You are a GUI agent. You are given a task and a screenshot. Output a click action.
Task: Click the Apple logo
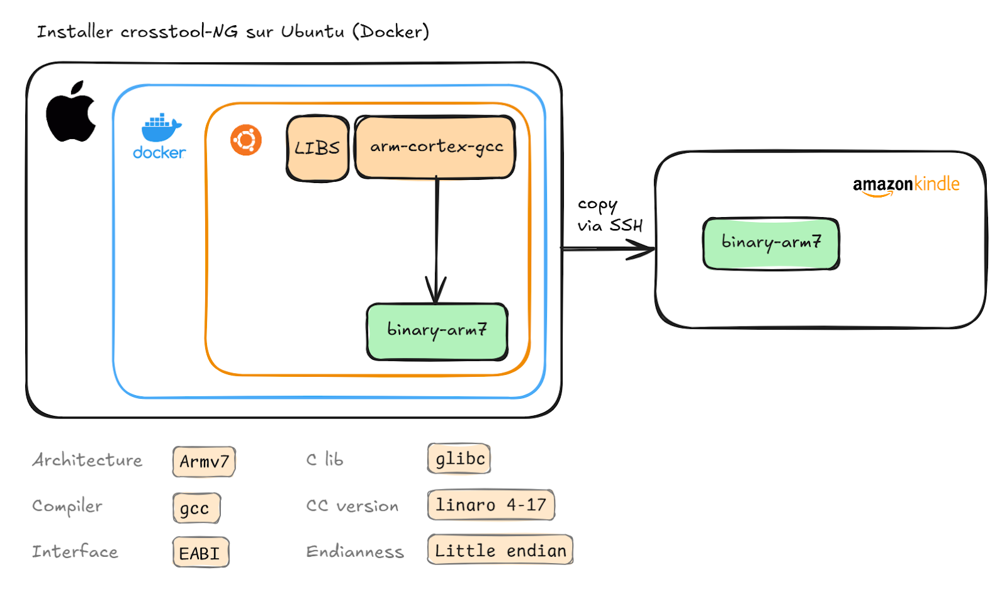[x=70, y=113]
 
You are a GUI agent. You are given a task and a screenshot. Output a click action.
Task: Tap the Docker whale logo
[x=160, y=129]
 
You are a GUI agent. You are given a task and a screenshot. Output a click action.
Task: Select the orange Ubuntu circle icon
[x=245, y=140]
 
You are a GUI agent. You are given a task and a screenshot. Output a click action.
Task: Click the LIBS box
[x=317, y=148]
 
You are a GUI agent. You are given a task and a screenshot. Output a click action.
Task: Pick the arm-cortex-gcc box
[x=435, y=147]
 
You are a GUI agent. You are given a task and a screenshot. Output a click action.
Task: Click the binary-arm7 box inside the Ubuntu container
[x=437, y=332]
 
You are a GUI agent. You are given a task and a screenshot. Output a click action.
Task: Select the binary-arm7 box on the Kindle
[x=771, y=243]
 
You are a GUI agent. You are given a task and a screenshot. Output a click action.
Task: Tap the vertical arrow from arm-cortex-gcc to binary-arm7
[x=436, y=233]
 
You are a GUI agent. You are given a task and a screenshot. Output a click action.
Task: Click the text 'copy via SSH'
[x=609, y=215]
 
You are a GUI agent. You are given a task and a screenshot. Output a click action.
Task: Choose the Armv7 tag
[x=204, y=462]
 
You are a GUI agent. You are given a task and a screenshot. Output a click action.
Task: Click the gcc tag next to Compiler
[x=196, y=508]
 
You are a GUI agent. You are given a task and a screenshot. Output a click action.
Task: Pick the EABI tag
[x=200, y=553]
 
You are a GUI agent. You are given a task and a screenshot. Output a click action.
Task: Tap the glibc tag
[x=459, y=459]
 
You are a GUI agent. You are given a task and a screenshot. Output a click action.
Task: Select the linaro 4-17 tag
[x=490, y=505]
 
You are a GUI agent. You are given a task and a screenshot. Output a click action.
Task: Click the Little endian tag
[x=500, y=550]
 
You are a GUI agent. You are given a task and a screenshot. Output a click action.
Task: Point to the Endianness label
[x=354, y=552]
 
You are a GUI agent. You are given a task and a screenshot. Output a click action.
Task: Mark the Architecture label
[x=87, y=461]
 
